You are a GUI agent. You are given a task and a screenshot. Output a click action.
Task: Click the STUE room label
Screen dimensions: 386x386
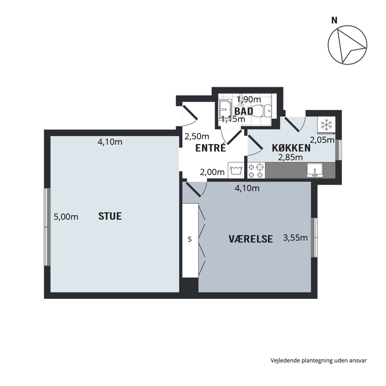pos(110,216)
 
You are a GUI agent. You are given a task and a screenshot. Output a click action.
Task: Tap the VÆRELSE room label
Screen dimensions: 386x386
pos(251,239)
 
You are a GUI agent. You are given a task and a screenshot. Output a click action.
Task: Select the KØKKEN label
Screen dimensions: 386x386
pos(291,148)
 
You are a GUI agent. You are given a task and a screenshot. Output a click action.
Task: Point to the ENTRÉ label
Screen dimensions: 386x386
pos(211,148)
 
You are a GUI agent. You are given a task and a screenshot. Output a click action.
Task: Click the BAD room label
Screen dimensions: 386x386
pos(244,111)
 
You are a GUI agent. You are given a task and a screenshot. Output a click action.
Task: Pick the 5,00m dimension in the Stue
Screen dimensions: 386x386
pos(66,217)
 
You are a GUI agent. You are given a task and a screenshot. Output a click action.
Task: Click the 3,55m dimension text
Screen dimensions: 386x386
pos(295,238)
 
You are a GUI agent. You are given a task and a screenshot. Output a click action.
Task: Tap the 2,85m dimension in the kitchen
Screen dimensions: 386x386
pos(290,157)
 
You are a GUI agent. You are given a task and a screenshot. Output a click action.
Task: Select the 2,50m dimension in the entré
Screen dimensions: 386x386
pos(197,137)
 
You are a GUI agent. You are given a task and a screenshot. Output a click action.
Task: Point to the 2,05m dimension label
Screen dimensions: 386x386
pos(322,140)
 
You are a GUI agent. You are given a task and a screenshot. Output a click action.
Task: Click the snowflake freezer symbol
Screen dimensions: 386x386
pos(326,124)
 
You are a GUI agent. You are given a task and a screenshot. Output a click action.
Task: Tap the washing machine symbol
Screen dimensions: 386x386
pos(236,170)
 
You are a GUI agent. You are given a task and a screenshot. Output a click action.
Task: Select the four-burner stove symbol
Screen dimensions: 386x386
pos(256,170)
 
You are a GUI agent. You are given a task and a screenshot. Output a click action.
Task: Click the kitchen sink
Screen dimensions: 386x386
pos(315,170)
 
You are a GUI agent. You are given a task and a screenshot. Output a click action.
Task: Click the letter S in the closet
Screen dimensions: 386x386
pos(190,239)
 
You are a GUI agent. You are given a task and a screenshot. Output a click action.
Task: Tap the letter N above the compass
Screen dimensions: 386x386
pos(334,20)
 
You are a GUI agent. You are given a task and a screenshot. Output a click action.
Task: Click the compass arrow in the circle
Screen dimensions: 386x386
pos(348,46)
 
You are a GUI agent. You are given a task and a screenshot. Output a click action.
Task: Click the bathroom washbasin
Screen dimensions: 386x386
pos(224,110)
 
